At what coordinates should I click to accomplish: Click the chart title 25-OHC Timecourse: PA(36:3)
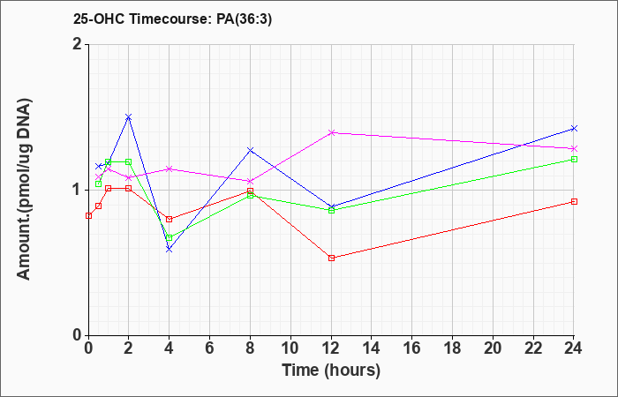click(x=172, y=19)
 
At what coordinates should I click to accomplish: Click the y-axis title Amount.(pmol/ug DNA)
click(x=25, y=190)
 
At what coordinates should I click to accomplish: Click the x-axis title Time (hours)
click(x=331, y=371)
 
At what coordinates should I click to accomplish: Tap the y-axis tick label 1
click(x=79, y=191)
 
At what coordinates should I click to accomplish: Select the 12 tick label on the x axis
click(x=331, y=348)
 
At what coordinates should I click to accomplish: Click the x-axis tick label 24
click(x=573, y=348)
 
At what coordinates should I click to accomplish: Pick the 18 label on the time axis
click(x=452, y=348)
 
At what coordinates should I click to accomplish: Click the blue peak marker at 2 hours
click(x=129, y=117)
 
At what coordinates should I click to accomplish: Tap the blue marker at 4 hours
click(x=170, y=250)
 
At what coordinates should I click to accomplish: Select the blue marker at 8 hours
click(x=250, y=150)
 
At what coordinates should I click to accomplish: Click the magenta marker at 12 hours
click(x=331, y=132)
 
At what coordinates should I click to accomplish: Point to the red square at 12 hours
click(x=331, y=258)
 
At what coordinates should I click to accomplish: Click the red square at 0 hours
click(x=88, y=215)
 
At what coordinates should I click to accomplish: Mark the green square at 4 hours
click(x=170, y=238)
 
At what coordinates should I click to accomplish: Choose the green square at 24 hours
click(x=574, y=159)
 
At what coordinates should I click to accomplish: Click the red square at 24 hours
click(x=574, y=202)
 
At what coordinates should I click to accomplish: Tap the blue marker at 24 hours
click(x=574, y=129)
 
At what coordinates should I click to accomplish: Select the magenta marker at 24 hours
click(x=574, y=148)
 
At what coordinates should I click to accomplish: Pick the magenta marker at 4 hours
click(x=170, y=169)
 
